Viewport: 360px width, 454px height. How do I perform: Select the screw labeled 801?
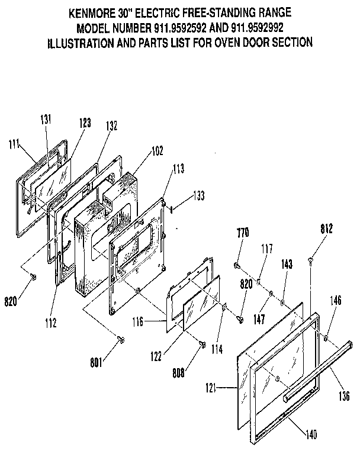coord(121,339)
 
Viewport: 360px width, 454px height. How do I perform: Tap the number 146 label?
coord(335,301)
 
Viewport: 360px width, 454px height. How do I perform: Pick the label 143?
coord(287,266)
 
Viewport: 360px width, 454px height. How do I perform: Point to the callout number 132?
coord(111,125)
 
